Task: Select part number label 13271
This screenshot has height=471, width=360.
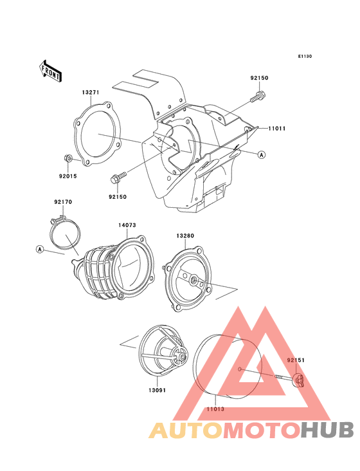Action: [x=90, y=93]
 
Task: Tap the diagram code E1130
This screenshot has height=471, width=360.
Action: [x=305, y=56]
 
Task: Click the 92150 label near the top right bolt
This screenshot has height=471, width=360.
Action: [x=259, y=78]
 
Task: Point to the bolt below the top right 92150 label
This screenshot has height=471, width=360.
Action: [x=258, y=97]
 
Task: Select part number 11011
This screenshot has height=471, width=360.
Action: [x=276, y=129]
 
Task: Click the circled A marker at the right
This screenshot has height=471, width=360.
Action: [x=262, y=154]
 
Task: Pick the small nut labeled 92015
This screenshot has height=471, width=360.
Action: [x=68, y=158]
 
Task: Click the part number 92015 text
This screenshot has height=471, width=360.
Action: [x=67, y=176]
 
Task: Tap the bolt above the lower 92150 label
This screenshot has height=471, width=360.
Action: [x=118, y=178]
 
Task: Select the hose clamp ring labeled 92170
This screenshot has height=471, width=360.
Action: [x=65, y=234]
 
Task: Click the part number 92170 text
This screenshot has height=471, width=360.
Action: [x=63, y=202]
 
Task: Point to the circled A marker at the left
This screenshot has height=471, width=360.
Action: [x=40, y=249]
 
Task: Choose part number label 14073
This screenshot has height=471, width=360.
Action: [x=127, y=225]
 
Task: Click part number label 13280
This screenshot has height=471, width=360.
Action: [x=185, y=235]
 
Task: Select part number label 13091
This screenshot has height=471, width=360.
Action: [x=157, y=390]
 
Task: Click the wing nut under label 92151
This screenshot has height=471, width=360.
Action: [x=298, y=380]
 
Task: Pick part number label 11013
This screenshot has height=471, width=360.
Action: [x=215, y=409]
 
